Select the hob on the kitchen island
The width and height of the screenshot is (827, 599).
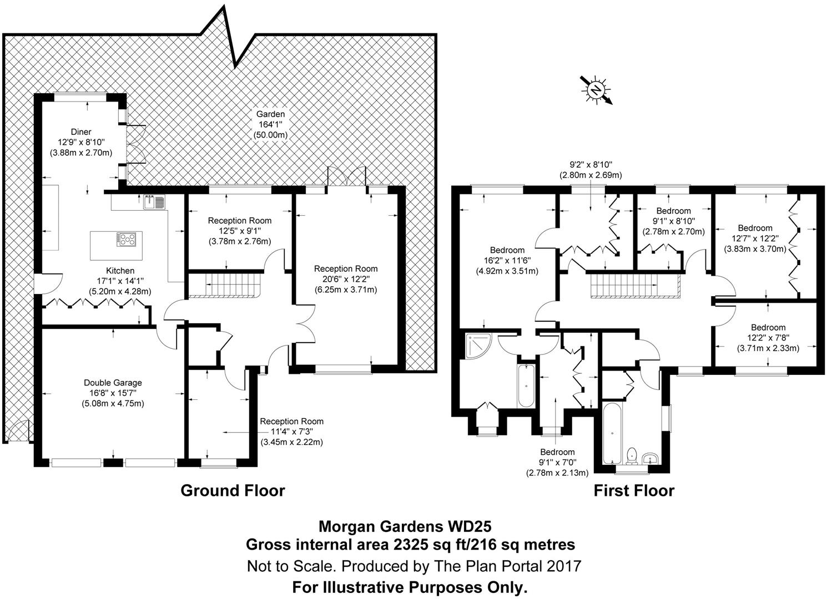coord(127,240)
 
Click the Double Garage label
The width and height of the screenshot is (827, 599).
coord(113,383)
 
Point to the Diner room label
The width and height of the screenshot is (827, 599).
coord(81,131)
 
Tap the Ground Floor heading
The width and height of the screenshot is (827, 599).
coord(233,491)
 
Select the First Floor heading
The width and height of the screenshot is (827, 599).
coord(634,491)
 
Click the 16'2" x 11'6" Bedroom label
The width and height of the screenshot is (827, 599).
coord(507,250)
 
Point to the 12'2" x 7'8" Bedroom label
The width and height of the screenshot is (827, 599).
coord(768,327)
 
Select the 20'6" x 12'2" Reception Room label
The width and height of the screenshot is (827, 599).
coord(347,269)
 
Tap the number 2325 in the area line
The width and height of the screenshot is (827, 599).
coord(412,545)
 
